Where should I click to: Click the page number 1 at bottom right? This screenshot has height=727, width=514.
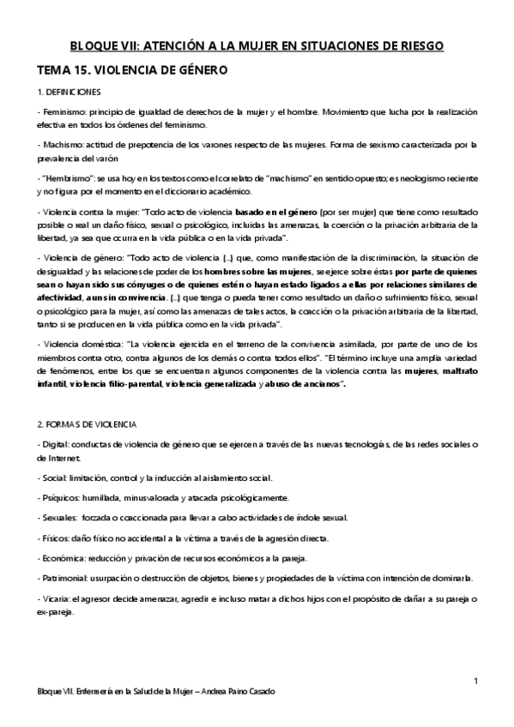click(x=475, y=680)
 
